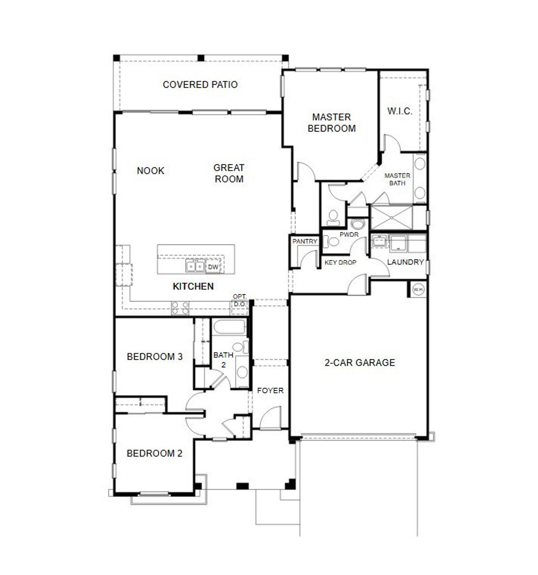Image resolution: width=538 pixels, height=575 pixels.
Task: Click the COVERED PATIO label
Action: pos(200,84)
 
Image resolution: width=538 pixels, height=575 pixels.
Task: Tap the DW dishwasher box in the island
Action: pos(213,267)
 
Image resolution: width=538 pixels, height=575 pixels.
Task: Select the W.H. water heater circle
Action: pos(418,289)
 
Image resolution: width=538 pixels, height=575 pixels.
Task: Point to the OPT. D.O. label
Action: pos(240,300)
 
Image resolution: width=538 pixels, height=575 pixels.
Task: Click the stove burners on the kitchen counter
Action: pos(180,308)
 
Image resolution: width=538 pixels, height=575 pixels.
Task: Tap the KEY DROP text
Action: pos(340,262)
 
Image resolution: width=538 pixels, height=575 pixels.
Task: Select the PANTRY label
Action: pos(305,241)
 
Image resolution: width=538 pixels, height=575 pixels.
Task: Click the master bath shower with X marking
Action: pos(391,217)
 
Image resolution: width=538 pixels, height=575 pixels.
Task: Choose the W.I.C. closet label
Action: pos(399,111)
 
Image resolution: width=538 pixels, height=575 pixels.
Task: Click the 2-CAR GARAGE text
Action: pos(360,362)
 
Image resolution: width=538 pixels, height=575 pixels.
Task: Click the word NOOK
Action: pos(150,171)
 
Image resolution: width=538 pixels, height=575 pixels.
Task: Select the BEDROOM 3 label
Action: pos(155,357)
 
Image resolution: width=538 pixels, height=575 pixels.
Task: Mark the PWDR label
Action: pos(349,234)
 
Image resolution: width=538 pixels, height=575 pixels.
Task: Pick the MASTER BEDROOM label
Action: pos(332,123)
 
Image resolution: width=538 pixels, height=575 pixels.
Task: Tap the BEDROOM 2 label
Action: pos(155,454)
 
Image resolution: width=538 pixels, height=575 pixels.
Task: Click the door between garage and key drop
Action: pos(358,282)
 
